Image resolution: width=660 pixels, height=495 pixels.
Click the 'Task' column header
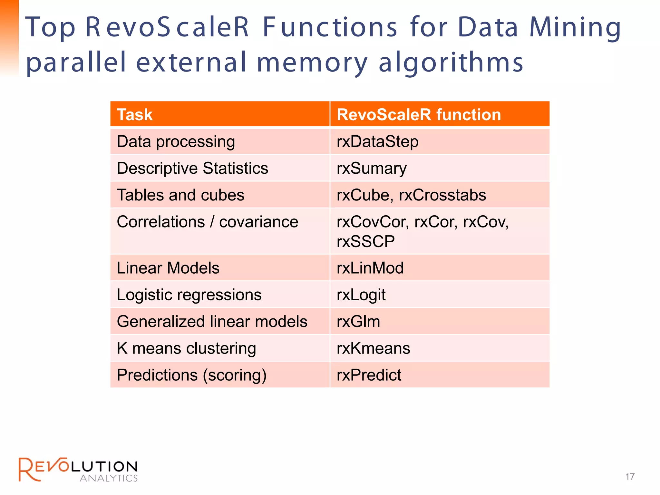pos(135,115)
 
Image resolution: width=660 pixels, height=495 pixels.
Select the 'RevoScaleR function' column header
pos(419,115)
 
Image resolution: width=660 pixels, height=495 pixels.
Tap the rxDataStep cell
pos(377,142)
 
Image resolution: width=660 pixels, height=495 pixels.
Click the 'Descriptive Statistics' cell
pos(192,168)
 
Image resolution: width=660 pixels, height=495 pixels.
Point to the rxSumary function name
pos(372,169)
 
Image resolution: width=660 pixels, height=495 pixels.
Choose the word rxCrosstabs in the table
pos(442,195)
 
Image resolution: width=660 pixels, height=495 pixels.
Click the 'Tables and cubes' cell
pos(180,195)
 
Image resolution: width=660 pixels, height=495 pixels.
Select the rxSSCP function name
pos(365,241)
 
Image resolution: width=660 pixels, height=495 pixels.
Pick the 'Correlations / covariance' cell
pos(208,222)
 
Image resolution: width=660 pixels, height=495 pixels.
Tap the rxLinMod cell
pos(370,268)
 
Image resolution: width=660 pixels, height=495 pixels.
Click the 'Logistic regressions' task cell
pos(189,295)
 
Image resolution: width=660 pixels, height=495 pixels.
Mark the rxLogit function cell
pos(361,295)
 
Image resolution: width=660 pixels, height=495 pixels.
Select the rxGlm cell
pos(358,322)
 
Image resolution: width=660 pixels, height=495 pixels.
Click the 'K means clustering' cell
pos(186,348)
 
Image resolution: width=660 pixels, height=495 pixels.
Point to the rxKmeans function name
pos(373,348)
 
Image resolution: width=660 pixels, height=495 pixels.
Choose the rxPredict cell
pos(369,375)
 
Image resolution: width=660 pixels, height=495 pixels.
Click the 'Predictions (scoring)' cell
pos(191,375)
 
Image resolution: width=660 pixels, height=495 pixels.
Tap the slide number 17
pos(630,477)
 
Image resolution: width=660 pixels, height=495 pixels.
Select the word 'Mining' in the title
pos(575,28)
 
